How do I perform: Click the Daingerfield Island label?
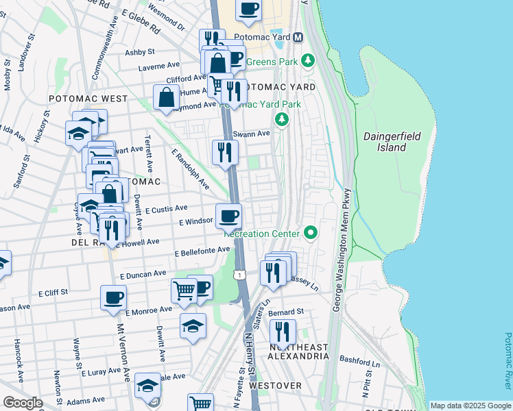click(387, 142)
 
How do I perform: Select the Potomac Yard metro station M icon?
click(298, 37)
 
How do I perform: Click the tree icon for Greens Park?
click(309, 60)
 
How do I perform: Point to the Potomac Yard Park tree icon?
click(281, 120)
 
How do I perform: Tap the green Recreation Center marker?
click(311, 233)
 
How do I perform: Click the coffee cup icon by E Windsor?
click(229, 216)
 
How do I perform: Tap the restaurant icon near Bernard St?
click(283, 332)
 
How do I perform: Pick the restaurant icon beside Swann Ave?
click(224, 152)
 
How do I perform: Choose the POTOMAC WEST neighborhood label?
click(88, 99)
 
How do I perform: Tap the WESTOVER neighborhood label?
click(275, 386)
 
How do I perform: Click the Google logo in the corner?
click(22, 403)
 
